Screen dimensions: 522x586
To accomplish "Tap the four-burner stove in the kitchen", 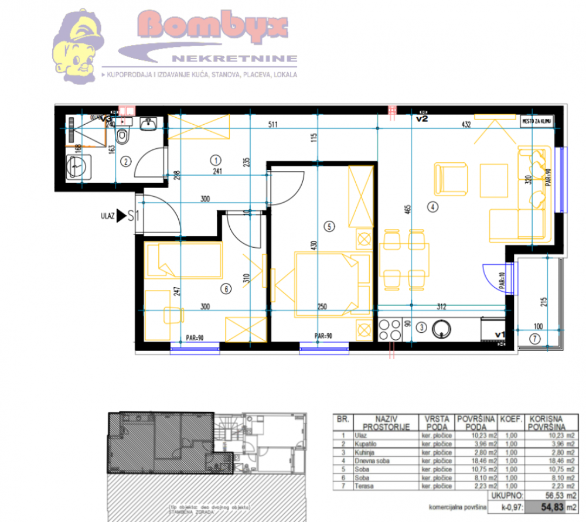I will (x=387, y=329).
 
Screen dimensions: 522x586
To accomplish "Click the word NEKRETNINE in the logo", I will (x=234, y=59).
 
